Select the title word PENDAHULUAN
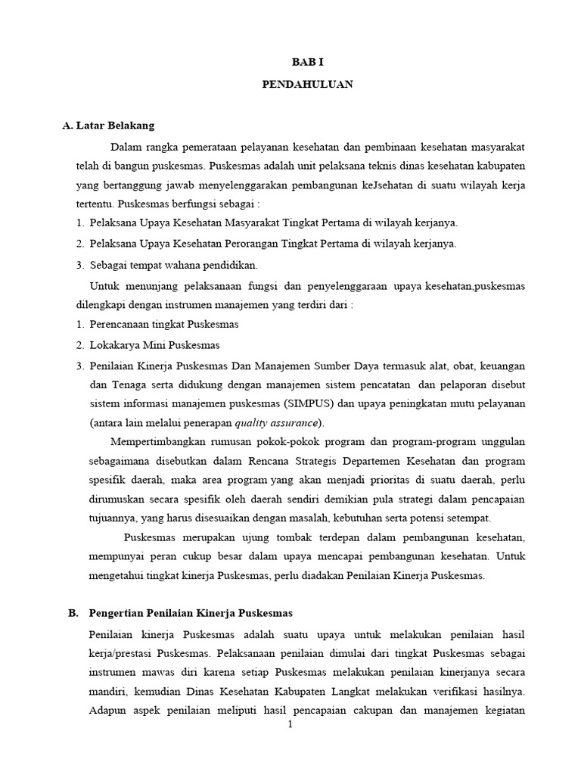tap(307, 86)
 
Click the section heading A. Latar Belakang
tap(108, 126)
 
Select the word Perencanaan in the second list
tap(120, 324)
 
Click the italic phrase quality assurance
tap(276, 422)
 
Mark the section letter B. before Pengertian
tap(73, 612)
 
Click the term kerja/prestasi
tap(120, 652)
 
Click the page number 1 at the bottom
tap(290, 724)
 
